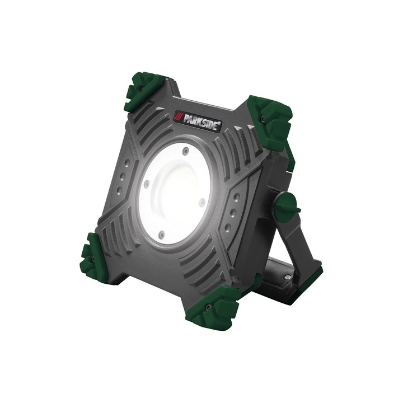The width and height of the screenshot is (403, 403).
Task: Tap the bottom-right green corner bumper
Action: tap(216, 305)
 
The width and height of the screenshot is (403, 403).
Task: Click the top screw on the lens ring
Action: tap(185, 151)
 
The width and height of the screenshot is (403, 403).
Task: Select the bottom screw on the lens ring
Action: tap(161, 235)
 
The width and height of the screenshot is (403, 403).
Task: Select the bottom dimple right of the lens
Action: tap(229, 227)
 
